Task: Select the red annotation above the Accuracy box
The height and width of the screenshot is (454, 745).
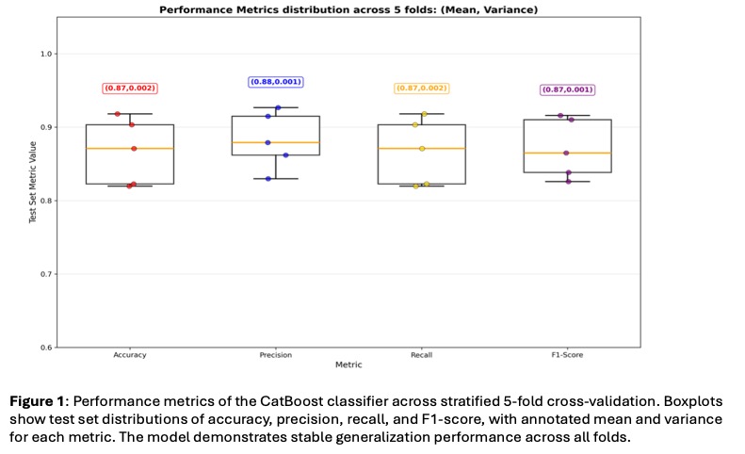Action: coord(130,88)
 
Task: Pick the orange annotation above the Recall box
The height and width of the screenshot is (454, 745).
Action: coord(421,88)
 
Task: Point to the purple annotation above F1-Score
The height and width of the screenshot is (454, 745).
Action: coord(567,89)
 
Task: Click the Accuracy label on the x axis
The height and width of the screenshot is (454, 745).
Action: coord(130,356)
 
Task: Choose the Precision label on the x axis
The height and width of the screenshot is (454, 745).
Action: coord(276,356)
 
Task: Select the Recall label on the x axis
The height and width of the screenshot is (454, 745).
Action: coord(422,356)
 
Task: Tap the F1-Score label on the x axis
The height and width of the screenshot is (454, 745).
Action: coord(567,356)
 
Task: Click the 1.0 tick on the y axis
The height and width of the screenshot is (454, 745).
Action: coord(45,54)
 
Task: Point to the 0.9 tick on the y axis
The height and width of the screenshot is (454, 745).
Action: coord(45,127)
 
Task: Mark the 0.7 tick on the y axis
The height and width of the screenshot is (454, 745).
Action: coord(45,274)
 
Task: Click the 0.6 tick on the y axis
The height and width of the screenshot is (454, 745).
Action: coord(45,348)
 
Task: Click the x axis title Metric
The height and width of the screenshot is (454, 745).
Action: coord(348,365)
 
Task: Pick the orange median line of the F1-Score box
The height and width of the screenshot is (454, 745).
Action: coord(567,153)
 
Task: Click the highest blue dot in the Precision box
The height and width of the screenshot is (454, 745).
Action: coord(278,108)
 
